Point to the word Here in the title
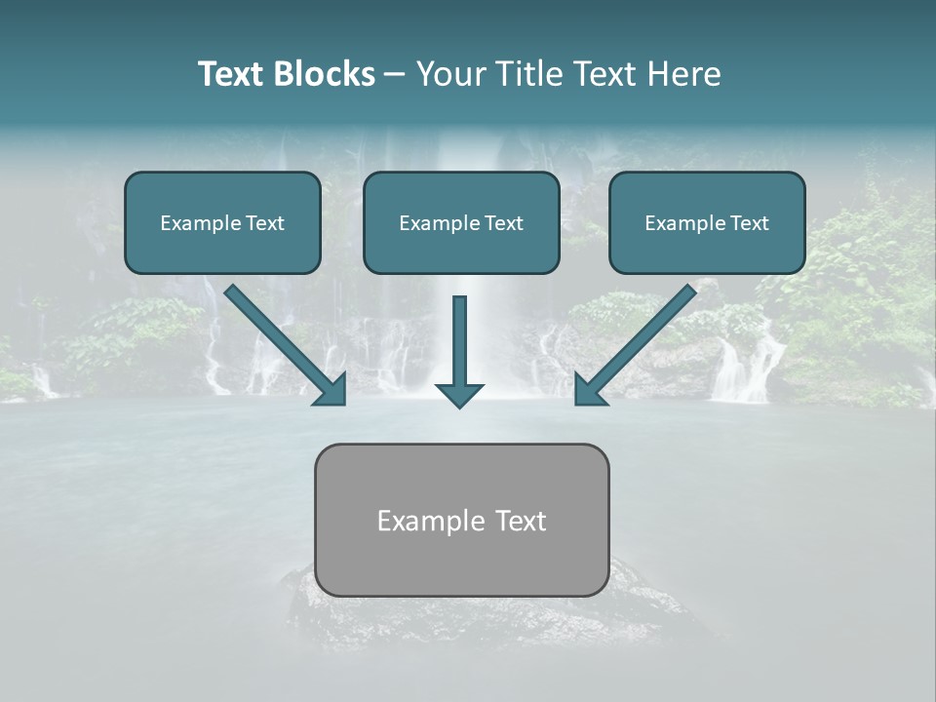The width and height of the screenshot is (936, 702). (682, 74)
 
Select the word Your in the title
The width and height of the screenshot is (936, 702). (450, 74)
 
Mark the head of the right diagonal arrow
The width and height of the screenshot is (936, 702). (590, 389)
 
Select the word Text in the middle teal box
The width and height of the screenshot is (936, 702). (504, 223)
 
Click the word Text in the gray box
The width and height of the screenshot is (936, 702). (522, 521)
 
